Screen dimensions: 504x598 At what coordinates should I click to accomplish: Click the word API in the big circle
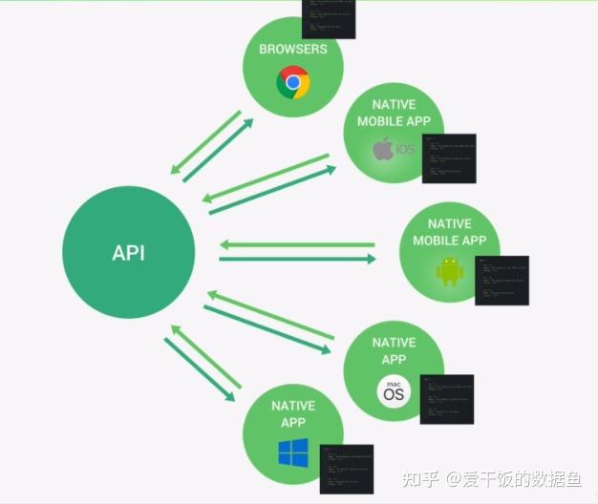129,254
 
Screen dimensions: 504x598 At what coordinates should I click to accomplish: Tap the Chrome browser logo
293,83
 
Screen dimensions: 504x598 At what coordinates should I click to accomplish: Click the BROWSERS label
292,49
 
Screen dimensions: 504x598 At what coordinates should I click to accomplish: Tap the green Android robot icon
449,270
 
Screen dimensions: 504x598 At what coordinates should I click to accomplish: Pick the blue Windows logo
293,452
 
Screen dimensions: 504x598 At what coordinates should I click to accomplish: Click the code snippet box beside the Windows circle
346,469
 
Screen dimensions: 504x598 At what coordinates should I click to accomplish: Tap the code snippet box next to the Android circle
502,280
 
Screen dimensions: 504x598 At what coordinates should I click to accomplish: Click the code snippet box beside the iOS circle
448,158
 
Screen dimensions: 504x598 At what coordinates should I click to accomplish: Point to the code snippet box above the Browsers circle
329,18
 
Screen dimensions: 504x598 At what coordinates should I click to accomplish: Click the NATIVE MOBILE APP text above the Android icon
450,232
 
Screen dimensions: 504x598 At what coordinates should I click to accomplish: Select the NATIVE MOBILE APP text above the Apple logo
394,114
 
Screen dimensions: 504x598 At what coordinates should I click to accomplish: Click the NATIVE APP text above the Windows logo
292,413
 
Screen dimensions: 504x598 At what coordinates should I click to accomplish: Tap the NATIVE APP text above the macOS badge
394,350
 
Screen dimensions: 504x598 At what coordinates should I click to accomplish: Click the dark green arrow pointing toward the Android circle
296,259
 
